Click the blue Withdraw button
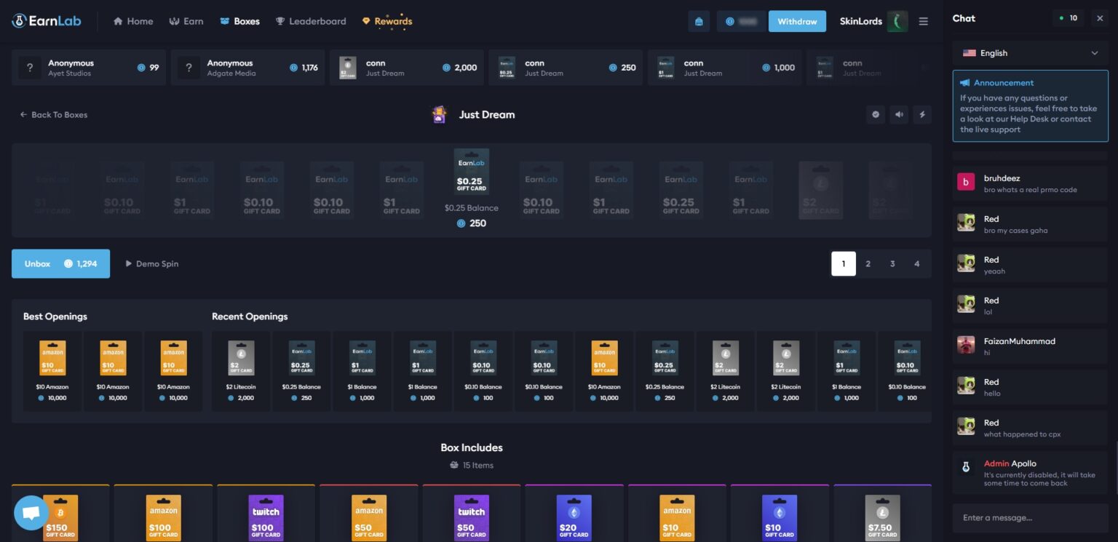click(x=797, y=21)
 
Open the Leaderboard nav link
click(x=311, y=21)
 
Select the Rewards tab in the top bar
click(x=387, y=21)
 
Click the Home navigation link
click(x=133, y=21)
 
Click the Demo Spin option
click(x=152, y=263)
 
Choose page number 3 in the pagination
click(x=892, y=263)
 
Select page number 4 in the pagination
click(x=916, y=263)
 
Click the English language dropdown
click(x=1030, y=53)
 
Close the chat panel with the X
click(x=1100, y=18)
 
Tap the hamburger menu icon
click(x=924, y=21)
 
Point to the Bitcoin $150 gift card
click(x=60, y=517)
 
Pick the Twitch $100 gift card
click(x=266, y=517)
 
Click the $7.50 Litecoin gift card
click(x=882, y=517)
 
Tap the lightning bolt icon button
click(x=922, y=114)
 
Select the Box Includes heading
click(x=472, y=447)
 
